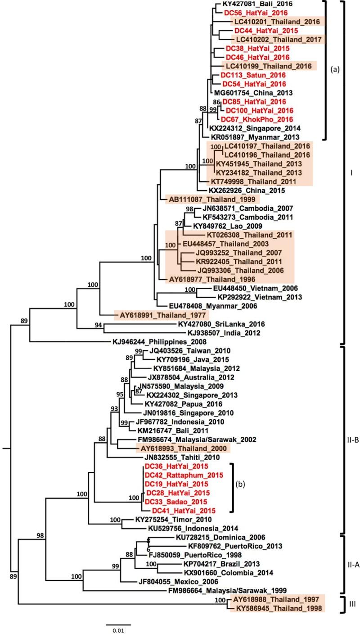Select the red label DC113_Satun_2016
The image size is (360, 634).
(249, 75)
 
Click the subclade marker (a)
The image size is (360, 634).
(334, 70)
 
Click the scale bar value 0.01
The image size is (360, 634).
(118, 630)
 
